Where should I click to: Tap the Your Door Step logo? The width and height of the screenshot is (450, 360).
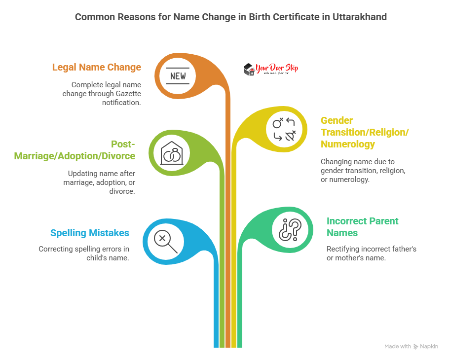pos(271,70)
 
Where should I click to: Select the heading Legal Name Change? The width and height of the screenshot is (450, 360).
pos(96,67)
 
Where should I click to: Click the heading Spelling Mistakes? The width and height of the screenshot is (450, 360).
pos(89,233)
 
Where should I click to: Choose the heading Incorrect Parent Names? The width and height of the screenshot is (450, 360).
pos(362,226)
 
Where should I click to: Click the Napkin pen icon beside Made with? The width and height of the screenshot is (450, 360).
pos(416,347)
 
